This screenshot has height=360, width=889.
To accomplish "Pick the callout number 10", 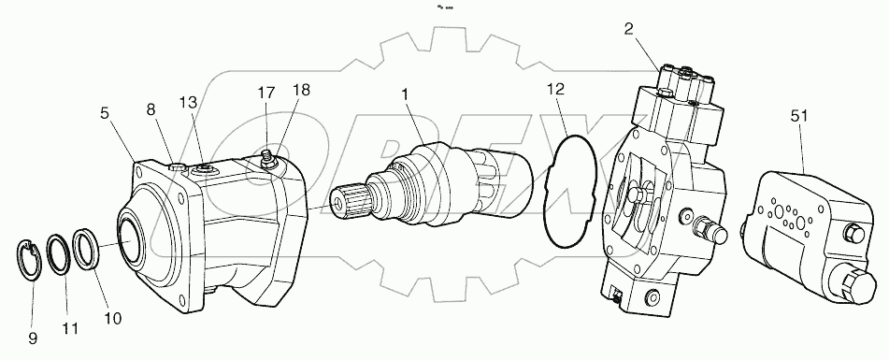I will [112, 318].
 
